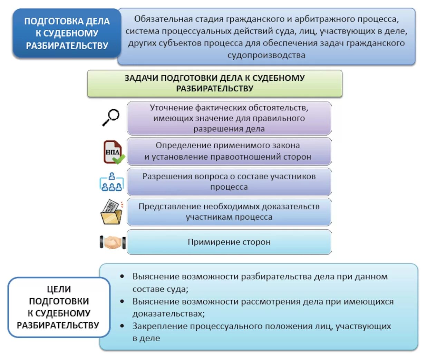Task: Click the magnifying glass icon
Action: pyautogui.click(x=111, y=117)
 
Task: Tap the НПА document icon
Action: pyautogui.click(x=113, y=152)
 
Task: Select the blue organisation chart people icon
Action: pyautogui.click(x=111, y=182)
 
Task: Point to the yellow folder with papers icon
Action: pyautogui.click(x=111, y=212)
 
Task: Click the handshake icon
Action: pyautogui.click(x=113, y=242)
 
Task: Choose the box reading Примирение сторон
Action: pyautogui.click(x=229, y=242)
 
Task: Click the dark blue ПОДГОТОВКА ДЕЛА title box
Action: pyautogui.click(x=67, y=33)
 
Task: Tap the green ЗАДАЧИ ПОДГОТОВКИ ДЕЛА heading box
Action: pyautogui.click(x=214, y=83)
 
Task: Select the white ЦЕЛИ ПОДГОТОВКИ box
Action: pyautogui.click(x=59, y=307)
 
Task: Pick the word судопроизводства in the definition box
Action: pyautogui.click(x=266, y=55)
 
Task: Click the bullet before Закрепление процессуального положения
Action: pyautogui.click(x=122, y=326)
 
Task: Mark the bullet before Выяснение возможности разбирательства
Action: pyautogui.click(x=122, y=277)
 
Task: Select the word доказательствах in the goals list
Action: pyautogui.click(x=168, y=314)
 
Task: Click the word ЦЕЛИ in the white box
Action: pyautogui.click(x=59, y=289)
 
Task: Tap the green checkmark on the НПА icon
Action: pyautogui.click(x=119, y=159)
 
